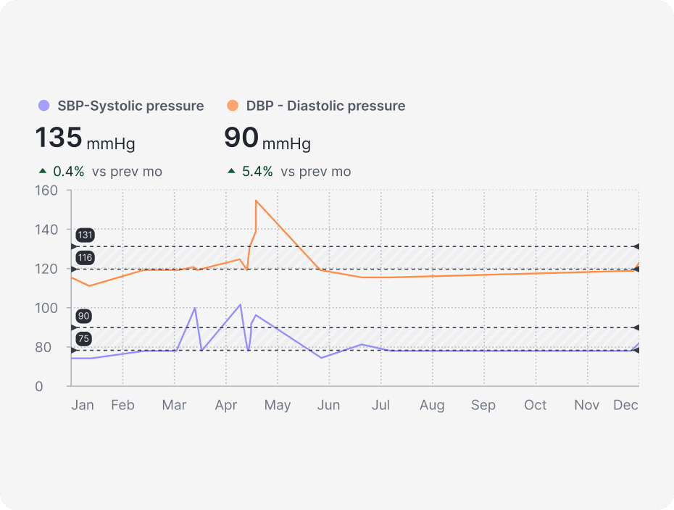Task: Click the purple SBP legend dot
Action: [x=43, y=106]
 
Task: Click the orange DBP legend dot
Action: [x=232, y=106]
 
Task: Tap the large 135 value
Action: [x=59, y=138]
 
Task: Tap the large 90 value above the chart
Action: [x=240, y=138]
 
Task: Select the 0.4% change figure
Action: [x=69, y=172]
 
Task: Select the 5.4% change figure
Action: [x=257, y=172]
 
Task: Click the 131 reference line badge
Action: [x=85, y=235]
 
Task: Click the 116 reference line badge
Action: [x=85, y=258]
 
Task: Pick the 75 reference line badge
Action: [x=83, y=339]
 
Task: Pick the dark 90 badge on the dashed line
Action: [x=83, y=316]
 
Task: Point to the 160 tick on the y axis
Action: [x=46, y=191]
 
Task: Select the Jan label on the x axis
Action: [x=83, y=405]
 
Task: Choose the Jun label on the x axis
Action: [x=328, y=405]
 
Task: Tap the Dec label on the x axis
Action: [x=625, y=405]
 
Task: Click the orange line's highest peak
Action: [x=256, y=200]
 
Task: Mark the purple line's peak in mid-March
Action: [x=195, y=308]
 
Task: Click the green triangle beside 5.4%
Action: [x=231, y=172]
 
